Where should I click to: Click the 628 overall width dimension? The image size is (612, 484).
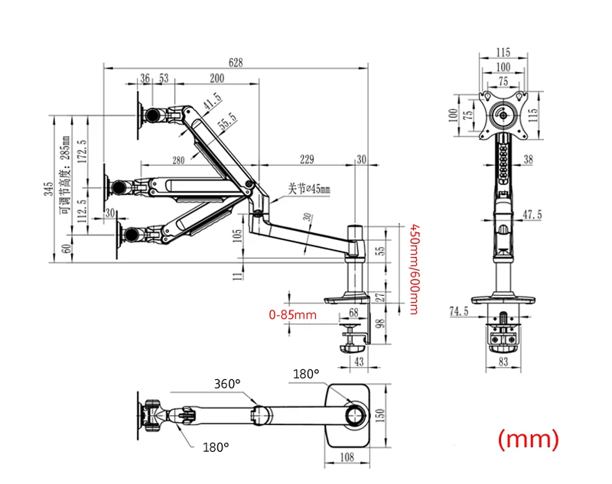236,63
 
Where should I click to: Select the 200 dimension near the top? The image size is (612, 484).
217,78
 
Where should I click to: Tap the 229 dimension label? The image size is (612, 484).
307,159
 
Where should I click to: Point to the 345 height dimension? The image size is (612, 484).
48,189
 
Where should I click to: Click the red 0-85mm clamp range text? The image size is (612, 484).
293,314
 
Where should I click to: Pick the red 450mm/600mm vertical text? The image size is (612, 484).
414,269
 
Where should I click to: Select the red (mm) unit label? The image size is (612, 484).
529,439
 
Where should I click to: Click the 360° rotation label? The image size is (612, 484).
227,384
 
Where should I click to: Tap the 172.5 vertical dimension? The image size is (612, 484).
83,151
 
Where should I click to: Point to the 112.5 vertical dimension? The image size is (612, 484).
83,210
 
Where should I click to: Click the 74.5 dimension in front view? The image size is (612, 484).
459,311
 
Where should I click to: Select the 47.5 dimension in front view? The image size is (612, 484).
532,215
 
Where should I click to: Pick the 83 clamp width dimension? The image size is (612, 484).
503,362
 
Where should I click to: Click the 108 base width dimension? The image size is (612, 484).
347,457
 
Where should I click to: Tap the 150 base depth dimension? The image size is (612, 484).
380,416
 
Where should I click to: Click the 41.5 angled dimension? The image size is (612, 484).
213,101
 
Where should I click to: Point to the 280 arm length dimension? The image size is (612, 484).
178,160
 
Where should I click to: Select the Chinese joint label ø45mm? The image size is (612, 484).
309,189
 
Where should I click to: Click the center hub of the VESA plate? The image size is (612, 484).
503,115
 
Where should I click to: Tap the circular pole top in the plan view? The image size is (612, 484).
356,415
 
